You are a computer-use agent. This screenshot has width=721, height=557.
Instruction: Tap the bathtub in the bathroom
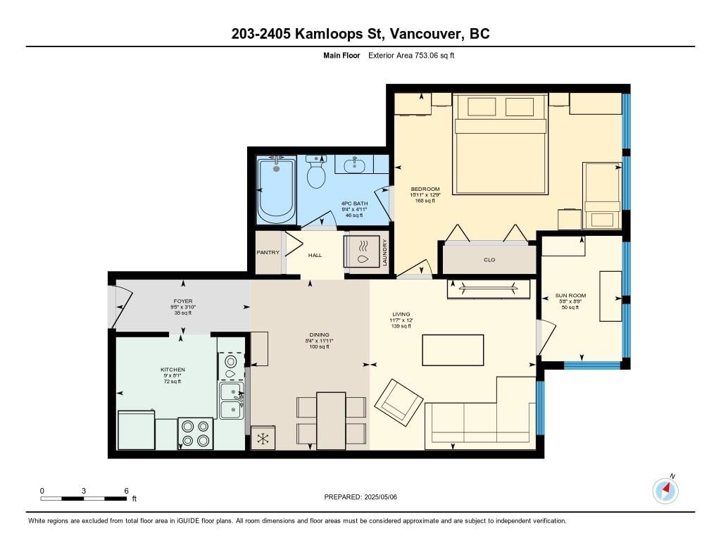point(276,190)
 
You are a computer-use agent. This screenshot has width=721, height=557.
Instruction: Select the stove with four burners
point(196,434)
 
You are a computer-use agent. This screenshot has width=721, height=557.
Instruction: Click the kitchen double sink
point(231,401)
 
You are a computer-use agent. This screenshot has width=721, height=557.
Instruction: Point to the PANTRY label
point(268,253)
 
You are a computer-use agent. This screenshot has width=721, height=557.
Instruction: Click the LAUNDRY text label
point(385,253)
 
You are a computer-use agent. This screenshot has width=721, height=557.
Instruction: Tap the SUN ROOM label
point(570,296)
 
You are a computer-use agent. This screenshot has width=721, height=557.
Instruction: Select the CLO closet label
point(489,260)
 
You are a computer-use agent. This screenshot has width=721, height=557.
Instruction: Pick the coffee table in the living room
point(453,350)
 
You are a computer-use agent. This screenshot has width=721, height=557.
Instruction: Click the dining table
point(331,421)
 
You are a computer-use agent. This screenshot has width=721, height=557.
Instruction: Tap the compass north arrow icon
point(665,491)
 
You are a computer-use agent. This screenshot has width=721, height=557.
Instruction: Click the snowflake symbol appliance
point(263,438)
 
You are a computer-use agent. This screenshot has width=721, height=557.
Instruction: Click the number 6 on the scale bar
point(126,491)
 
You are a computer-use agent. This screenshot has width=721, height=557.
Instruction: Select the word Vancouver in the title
point(426,34)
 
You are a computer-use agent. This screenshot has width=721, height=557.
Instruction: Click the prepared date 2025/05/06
point(380,496)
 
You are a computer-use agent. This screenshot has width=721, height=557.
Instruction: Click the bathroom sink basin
point(354,165)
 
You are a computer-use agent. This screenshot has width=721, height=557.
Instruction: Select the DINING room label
point(319,335)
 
